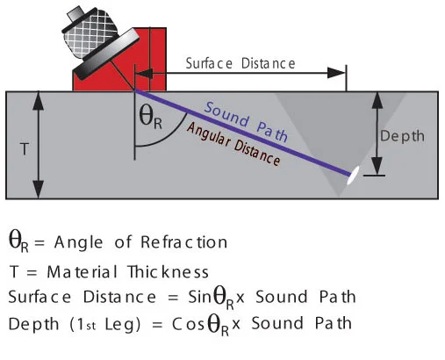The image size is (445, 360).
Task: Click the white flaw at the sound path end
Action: click(353, 176)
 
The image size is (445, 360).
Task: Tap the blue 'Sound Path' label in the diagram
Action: click(246, 121)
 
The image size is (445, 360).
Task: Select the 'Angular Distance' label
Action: click(233, 144)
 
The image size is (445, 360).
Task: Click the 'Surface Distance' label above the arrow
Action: click(240, 63)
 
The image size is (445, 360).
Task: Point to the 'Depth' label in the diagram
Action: click(402, 136)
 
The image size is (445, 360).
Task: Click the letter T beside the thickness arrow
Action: click(25, 149)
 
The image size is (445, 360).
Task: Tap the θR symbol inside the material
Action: click(150, 117)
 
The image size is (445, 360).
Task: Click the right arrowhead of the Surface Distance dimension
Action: click(336, 73)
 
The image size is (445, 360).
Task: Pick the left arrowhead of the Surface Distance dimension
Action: click(144, 74)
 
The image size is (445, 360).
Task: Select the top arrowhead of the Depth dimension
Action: click(377, 99)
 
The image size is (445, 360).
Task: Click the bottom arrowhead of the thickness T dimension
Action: click(38, 190)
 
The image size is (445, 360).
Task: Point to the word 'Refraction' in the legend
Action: click(183, 242)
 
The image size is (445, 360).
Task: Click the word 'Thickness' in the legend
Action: click(169, 272)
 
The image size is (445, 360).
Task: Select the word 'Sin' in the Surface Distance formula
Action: click(199, 297)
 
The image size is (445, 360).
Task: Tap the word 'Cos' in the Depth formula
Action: click(188, 324)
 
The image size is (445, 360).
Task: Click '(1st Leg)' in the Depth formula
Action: click(105, 324)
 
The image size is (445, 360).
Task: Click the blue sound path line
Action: click(242, 133)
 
